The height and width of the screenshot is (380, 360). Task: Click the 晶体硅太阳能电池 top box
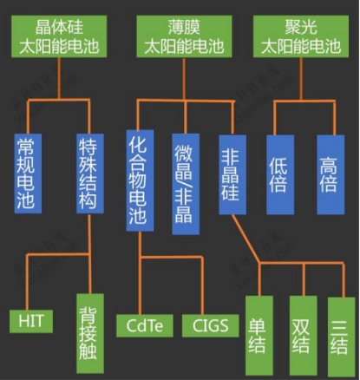tap(59, 36)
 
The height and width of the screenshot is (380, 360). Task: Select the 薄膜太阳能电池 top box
tap(184, 36)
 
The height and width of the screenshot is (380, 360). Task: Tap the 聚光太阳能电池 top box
tap(301, 36)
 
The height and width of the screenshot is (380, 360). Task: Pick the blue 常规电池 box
tap(28, 174)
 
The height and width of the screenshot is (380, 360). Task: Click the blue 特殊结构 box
tap(90, 174)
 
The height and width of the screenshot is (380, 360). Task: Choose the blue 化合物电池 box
tap(140, 180)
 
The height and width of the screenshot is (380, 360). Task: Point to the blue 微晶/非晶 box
tap(186, 184)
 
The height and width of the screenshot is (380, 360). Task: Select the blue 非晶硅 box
tap(232, 174)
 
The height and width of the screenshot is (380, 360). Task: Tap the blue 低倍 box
tap(280, 174)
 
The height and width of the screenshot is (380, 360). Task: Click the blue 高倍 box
tap(331, 174)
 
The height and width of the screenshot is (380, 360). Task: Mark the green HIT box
tap(31, 321)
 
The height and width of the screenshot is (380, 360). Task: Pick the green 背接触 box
tap(90, 333)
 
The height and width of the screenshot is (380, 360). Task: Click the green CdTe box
tap(145, 325)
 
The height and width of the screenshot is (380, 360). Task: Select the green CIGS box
tap(211, 325)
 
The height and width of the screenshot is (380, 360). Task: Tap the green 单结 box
tap(259, 336)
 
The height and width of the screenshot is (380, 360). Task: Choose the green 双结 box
tap(304, 336)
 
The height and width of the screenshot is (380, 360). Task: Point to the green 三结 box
tap(341, 337)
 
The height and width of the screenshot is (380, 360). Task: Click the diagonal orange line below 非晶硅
tap(245, 239)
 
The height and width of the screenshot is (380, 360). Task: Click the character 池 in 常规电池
tap(26, 200)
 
